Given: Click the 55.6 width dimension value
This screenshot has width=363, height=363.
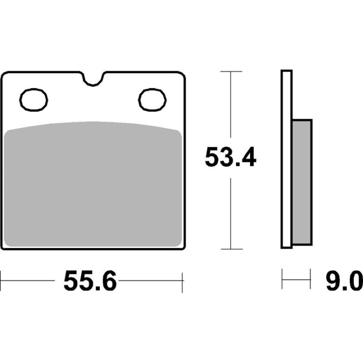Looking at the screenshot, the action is tap(90, 281).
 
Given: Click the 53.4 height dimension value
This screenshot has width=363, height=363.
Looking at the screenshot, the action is tap(230, 157).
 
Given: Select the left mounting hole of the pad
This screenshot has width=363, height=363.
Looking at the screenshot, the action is tap(34, 100).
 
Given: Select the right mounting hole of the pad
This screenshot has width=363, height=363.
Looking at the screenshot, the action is tap(152, 100).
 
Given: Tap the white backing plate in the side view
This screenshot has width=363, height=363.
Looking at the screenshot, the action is tap(286, 159).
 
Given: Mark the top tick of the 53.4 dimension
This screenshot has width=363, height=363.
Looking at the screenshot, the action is tap(231, 72).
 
